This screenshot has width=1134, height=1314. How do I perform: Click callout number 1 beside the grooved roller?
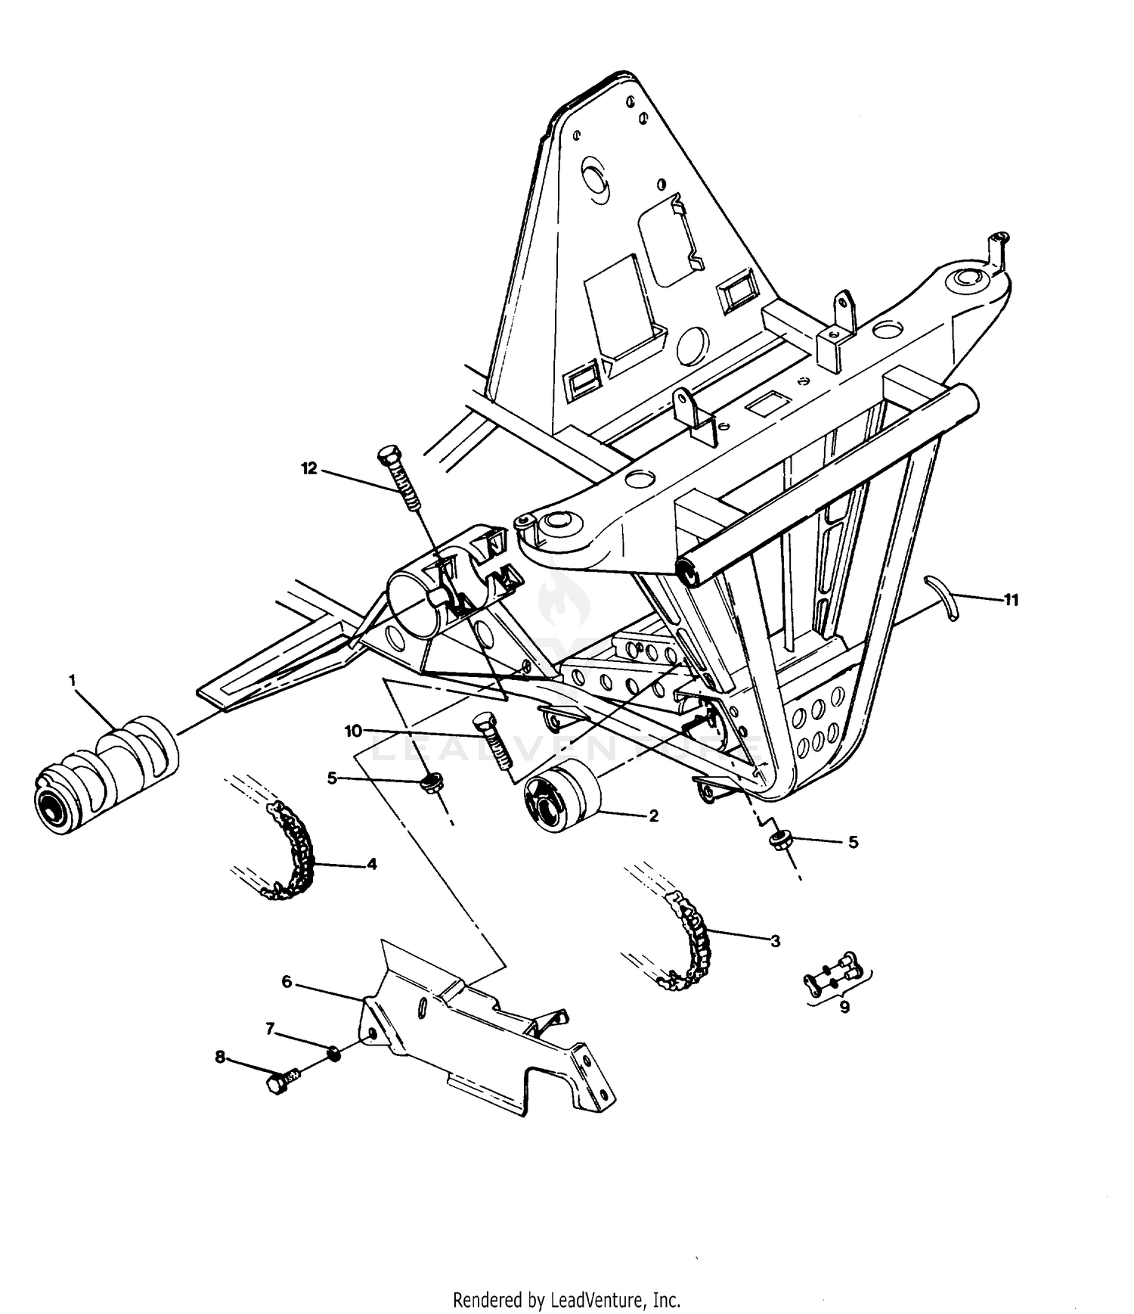click(x=73, y=681)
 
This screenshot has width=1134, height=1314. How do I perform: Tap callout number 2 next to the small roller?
click(x=653, y=816)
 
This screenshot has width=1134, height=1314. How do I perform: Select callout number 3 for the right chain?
click(x=775, y=941)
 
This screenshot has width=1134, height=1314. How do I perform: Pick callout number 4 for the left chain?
click(x=371, y=863)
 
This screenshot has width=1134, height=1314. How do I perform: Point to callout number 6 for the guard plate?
click(x=287, y=981)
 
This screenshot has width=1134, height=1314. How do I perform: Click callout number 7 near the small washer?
click(x=270, y=1029)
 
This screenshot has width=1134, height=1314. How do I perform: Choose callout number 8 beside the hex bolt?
click(x=220, y=1057)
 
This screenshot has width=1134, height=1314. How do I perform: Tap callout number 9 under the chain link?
click(x=844, y=1008)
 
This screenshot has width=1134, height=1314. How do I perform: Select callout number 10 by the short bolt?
click(x=353, y=731)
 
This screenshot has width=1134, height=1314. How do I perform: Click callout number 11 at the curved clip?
click(x=1011, y=600)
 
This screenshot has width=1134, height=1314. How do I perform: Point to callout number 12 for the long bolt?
click(x=309, y=469)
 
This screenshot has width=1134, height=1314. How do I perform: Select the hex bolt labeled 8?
click(x=281, y=1083)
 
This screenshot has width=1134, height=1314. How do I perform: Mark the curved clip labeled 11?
click(x=946, y=597)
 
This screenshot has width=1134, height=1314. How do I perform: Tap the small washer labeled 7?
click(x=333, y=1052)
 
